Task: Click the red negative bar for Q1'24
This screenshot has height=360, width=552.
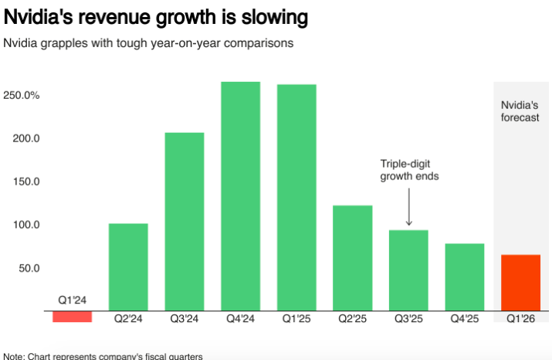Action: coord(73,317)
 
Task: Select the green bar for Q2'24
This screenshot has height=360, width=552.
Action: coord(128,267)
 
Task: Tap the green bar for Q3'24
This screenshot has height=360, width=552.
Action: coord(185,222)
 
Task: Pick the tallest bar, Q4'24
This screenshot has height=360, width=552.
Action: coord(240,196)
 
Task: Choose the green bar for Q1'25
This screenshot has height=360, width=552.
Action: coord(296,198)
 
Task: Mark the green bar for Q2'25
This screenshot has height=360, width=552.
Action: coord(353,258)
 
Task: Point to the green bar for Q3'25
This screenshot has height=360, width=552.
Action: coord(408,270)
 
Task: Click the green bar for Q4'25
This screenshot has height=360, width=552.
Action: coord(465,277)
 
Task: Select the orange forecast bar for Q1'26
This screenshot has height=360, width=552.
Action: coord(520,283)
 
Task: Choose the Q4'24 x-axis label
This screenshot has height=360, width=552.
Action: coord(240,318)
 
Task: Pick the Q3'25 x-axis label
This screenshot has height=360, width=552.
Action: coord(408,318)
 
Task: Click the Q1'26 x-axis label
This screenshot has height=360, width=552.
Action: coord(520,318)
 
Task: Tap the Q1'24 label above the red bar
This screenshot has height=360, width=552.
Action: coord(73,300)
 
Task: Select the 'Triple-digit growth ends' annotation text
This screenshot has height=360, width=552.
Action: coord(409,170)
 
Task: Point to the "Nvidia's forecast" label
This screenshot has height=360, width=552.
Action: coord(520,111)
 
